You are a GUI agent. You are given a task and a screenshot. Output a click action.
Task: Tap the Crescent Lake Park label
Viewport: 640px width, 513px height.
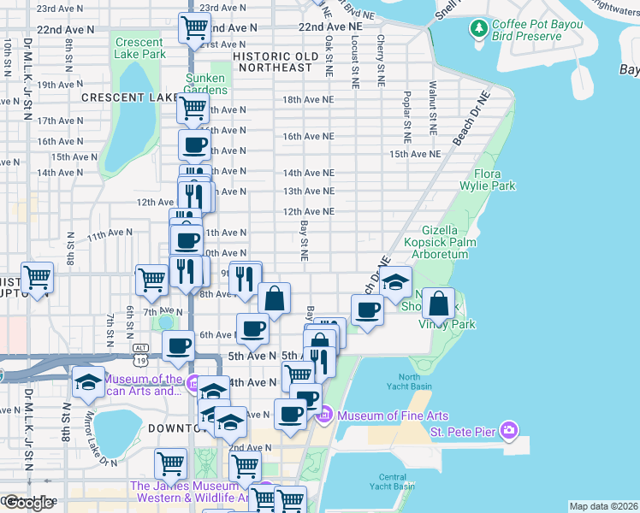coord(139,48)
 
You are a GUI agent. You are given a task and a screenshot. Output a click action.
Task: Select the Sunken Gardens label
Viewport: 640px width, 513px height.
coord(206,84)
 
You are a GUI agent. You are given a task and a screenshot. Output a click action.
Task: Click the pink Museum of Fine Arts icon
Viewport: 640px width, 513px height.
coord(323,416)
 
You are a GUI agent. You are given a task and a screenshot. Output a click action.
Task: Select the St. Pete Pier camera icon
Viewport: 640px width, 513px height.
coord(509,430)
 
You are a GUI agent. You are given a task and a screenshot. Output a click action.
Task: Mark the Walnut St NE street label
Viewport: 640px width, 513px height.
coord(433,109)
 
